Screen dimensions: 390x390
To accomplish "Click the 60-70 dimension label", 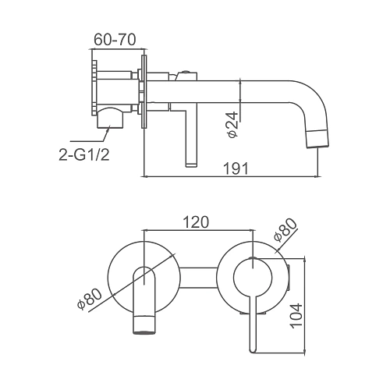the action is pyautogui.click(x=115, y=40).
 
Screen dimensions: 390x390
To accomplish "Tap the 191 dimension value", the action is pyautogui.click(x=236, y=168).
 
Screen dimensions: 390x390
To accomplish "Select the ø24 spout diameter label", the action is pyautogui.click(x=232, y=125).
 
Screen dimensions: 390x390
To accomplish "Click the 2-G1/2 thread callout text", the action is pyautogui.click(x=84, y=155).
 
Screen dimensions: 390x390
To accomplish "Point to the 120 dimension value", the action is pyautogui.click(x=196, y=222).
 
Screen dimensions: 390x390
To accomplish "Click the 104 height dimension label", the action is pyautogui.click(x=296, y=316).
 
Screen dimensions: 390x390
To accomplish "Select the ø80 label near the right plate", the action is pyautogui.click(x=285, y=230).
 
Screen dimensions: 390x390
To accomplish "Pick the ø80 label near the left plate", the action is pyautogui.click(x=90, y=299).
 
